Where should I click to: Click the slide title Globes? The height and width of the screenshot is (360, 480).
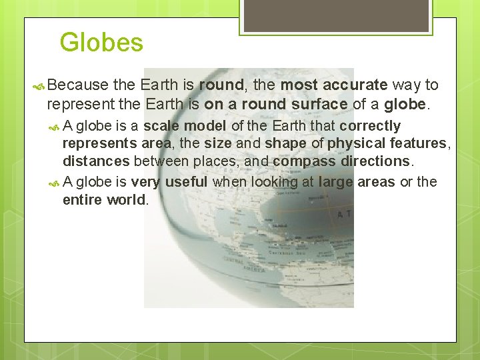point(101,43)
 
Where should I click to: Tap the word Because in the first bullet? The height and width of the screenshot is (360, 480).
point(78,85)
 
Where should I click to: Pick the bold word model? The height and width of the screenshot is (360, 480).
point(204,126)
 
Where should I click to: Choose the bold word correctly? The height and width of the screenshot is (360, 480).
point(370,126)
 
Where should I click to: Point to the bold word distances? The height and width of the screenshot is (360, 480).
point(96,161)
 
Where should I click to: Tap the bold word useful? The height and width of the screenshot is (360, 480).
point(186,182)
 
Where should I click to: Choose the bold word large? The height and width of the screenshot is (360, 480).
point(335,182)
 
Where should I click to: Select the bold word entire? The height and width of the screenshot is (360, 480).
point(83,200)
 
